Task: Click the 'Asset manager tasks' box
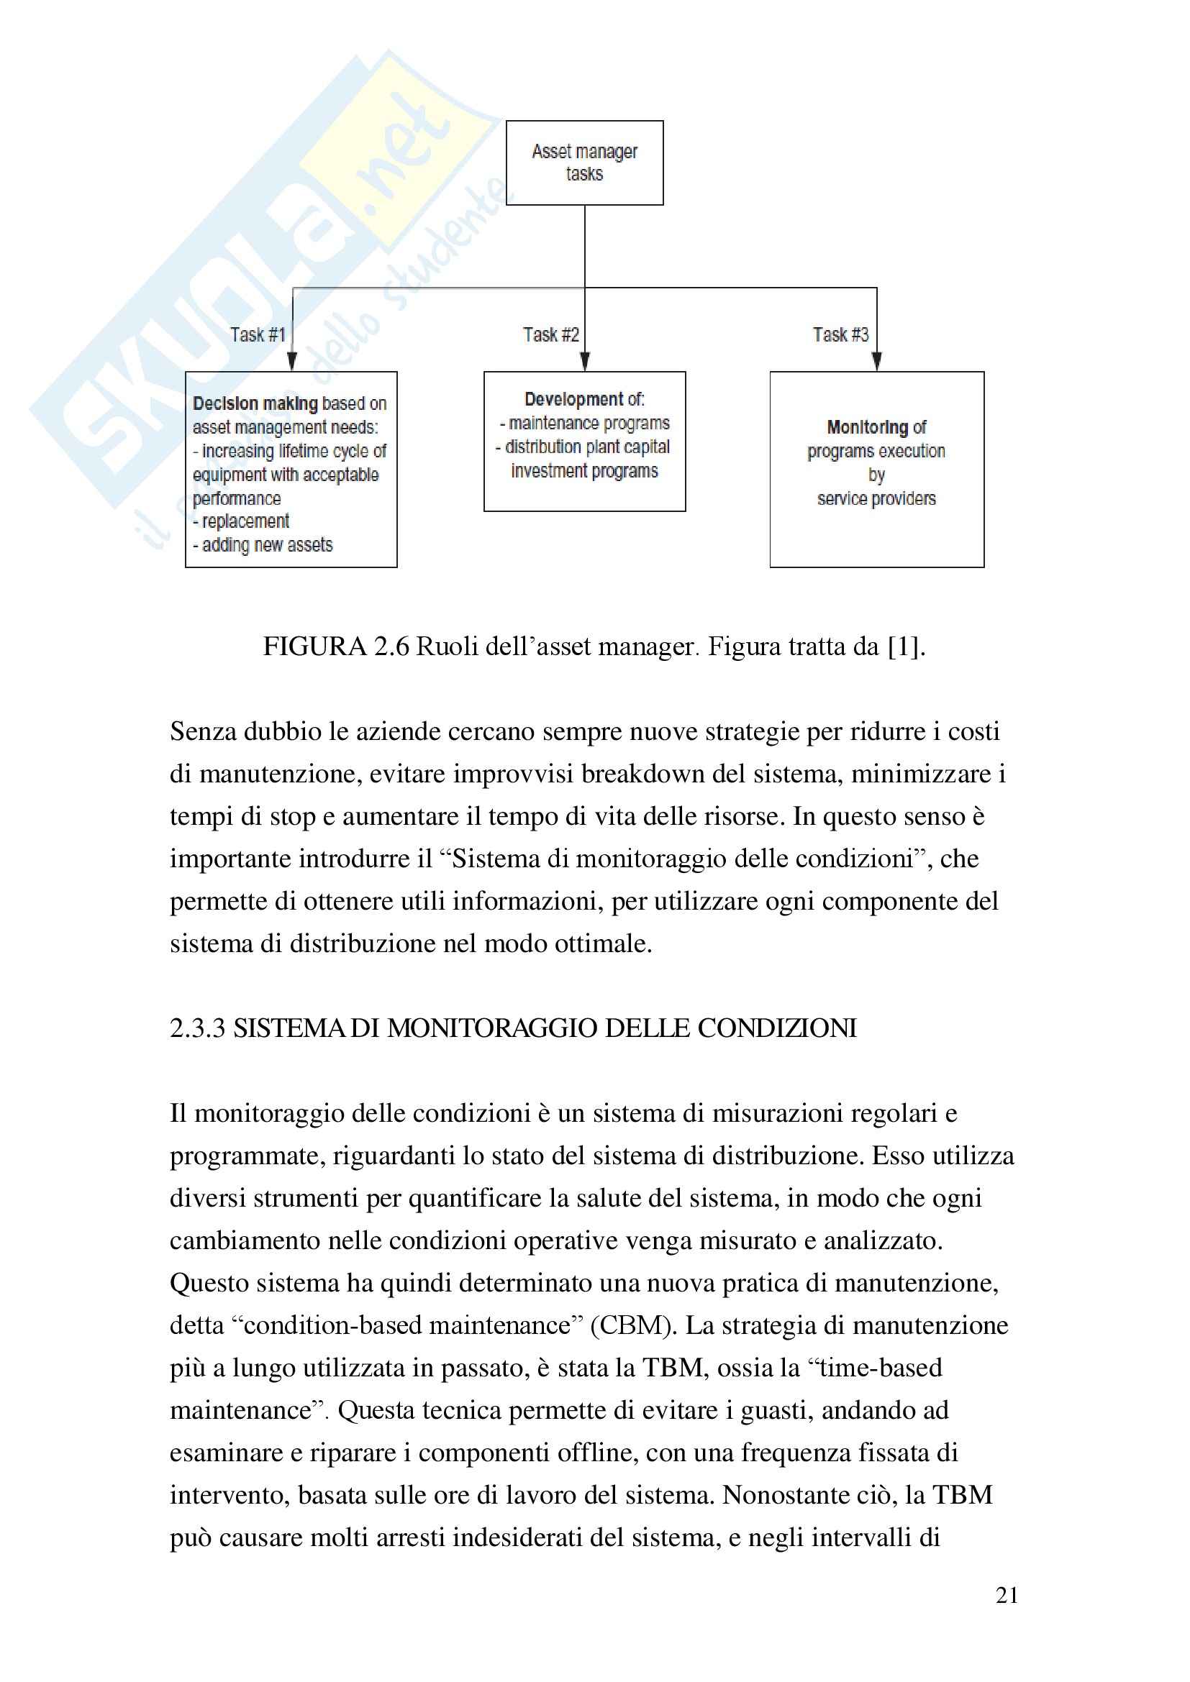pyautogui.click(x=584, y=163)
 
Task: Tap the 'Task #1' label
pyautogui.click(x=257, y=335)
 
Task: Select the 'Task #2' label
pyautogui.click(x=550, y=335)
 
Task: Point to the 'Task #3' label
pyautogui.click(x=840, y=335)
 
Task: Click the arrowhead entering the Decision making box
pyautogui.click(x=291, y=361)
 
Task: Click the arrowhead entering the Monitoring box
pyautogui.click(x=876, y=361)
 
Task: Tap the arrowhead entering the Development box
pyautogui.click(x=584, y=361)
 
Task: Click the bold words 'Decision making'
pyautogui.click(x=255, y=403)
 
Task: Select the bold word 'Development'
pyautogui.click(x=563, y=399)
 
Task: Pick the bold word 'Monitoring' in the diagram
pyautogui.click(x=867, y=427)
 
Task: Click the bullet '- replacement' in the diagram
pyautogui.click(x=241, y=521)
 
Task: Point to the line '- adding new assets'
pyautogui.click(x=263, y=545)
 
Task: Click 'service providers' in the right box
pyautogui.click(x=876, y=499)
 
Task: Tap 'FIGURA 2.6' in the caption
pyautogui.click(x=335, y=646)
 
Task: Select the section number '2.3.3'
pyautogui.click(x=197, y=1028)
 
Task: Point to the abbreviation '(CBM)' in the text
pyautogui.click(x=633, y=1325)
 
